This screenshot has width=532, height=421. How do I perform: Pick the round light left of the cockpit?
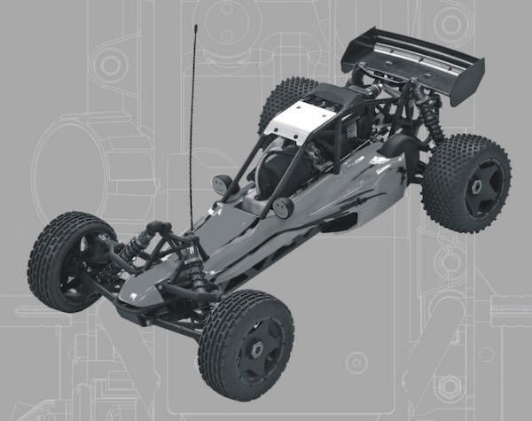[222, 184]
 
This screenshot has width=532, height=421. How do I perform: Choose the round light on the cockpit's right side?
[283, 207]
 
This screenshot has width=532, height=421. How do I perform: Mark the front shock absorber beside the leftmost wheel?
[133, 247]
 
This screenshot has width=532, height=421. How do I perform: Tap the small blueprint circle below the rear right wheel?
[356, 362]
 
